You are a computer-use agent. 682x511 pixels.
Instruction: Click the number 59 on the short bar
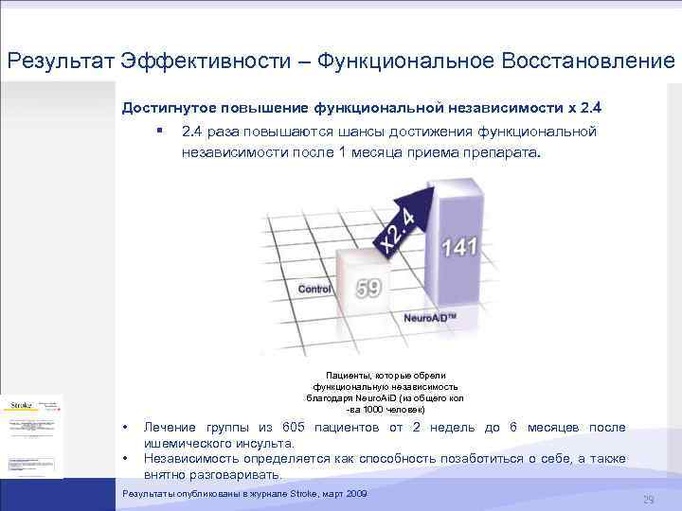[x=368, y=286]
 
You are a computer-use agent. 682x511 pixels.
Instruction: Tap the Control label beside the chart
[x=314, y=288]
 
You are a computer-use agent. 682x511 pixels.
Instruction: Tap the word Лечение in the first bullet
[x=172, y=428]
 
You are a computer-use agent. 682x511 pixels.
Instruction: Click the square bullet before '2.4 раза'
[x=161, y=130]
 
